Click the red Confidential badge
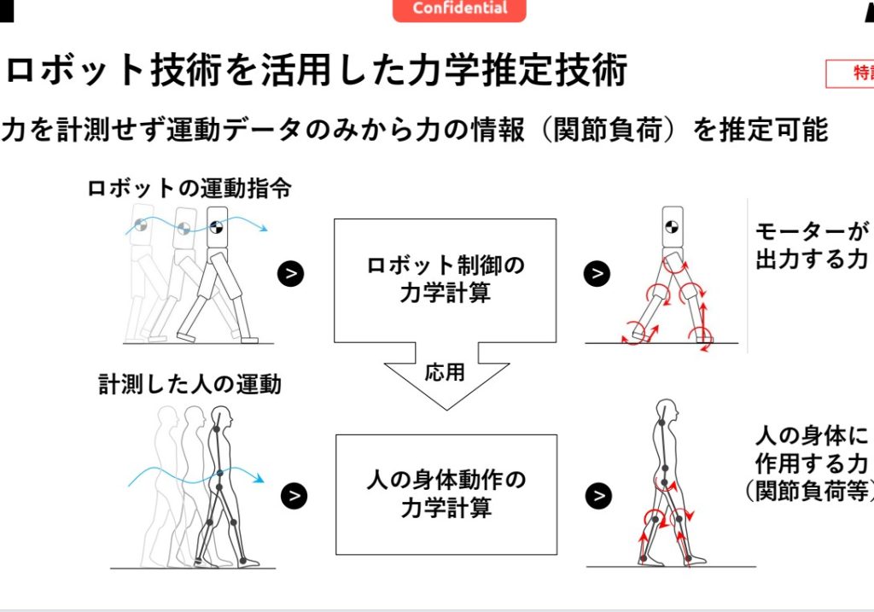coord(459,9)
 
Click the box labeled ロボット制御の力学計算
coord(445,279)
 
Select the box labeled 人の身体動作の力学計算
coord(446,494)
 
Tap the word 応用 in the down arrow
coord(444,373)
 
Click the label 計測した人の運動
coord(189,385)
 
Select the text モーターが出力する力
coord(810,247)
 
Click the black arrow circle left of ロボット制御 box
coord(291,273)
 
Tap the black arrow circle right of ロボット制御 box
coord(597,273)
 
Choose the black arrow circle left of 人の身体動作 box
coord(294,495)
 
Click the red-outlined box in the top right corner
coord(850,74)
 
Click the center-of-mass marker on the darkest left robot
coord(216,228)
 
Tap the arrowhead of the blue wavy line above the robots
coord(265,228)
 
